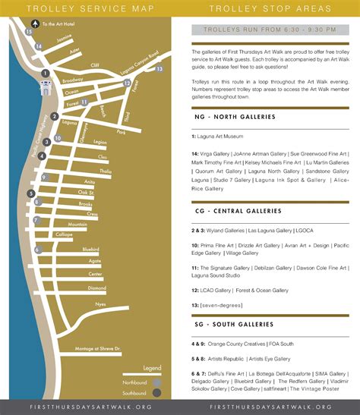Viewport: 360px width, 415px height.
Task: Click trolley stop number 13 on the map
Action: coord(159,69)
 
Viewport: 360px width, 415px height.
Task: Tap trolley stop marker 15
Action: coord(28,33)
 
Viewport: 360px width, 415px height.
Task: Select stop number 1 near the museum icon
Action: coord(46,73)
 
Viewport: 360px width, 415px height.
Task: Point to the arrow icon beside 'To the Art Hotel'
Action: coord(36,24)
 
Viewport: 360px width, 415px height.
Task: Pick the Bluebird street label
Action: coord(91,249)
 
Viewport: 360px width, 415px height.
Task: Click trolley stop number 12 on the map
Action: coord(127,83)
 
